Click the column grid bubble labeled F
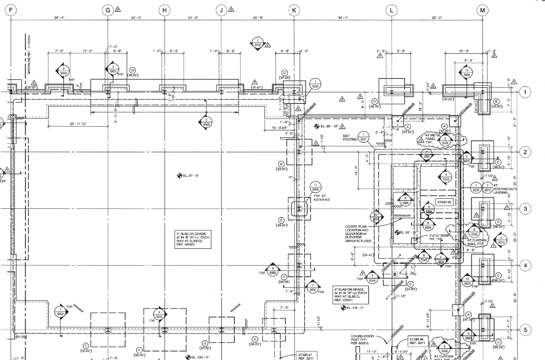click(12, 10)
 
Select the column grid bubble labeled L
click(392, 10)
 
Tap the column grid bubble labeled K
click(294, 10)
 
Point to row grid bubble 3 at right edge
click(525, 208)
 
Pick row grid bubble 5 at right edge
click(525, 330)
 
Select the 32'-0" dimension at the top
click(437, 18)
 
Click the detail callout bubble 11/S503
click(315, 186)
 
